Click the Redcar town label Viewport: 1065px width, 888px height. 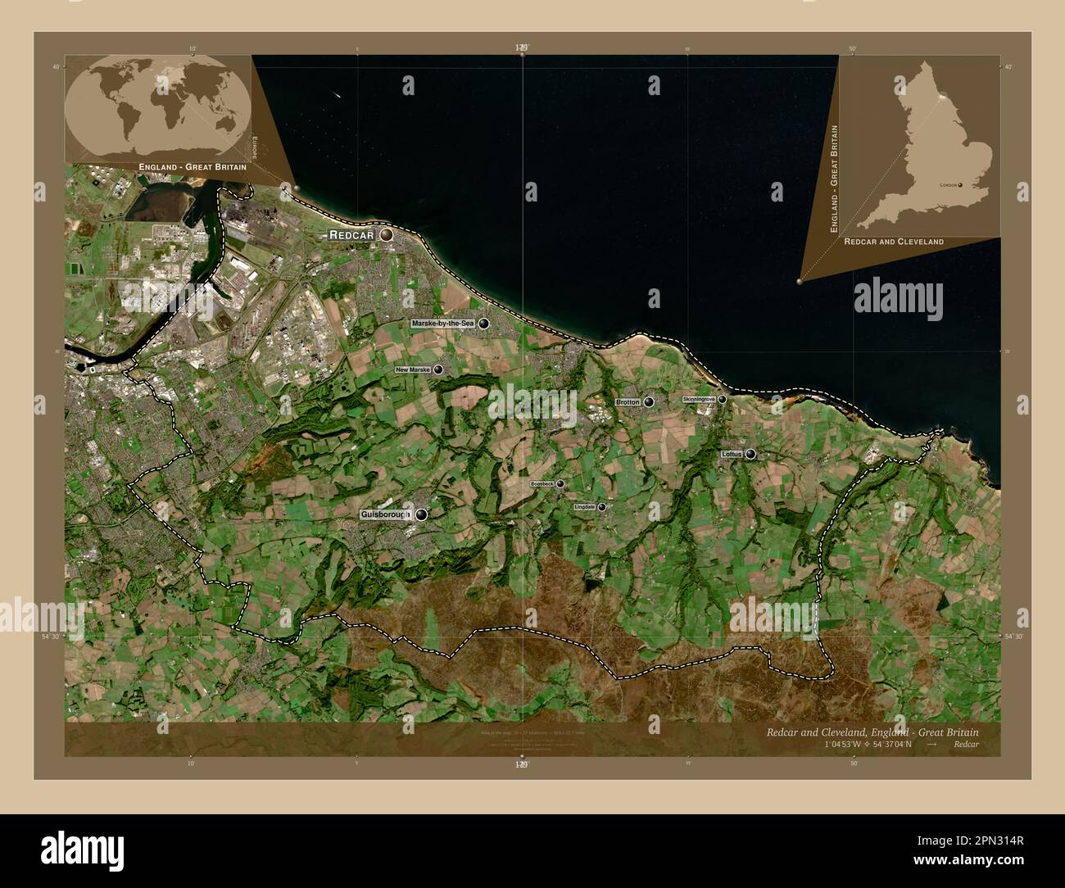click(x=351, y=235)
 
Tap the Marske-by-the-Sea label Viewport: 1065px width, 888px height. click(x=443, y=324)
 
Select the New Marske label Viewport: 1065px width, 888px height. click(x=413, y=370)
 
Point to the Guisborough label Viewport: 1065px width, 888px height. click(x=385, y=514)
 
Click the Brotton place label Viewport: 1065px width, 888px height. click(x=628, y=402)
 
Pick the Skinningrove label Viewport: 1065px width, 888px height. click(x=699, y=399)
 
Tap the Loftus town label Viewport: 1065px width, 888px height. click(x=732, y=454)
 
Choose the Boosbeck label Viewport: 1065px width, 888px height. click(x=542, y=484)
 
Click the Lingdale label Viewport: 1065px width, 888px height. click(x=584, y=507)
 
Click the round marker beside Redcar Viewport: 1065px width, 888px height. click(x=385, y=235)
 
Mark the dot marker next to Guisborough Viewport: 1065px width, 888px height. click(x=421, y=514)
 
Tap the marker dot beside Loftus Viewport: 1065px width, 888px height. click(x=750, y=454)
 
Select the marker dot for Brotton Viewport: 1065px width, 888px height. click(x=649, y=402)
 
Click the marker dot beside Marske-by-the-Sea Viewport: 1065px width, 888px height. click(x=484, y=324)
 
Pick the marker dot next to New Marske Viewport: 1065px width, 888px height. click(x=438, y=370)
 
